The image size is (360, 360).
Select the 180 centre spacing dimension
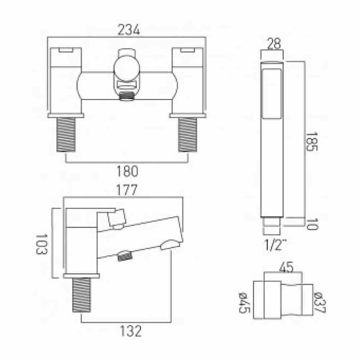point(127,171)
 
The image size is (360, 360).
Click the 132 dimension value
point(127,332)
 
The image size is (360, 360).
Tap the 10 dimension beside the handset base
point(312,224)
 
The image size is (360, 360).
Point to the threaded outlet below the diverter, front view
point(127,96)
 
